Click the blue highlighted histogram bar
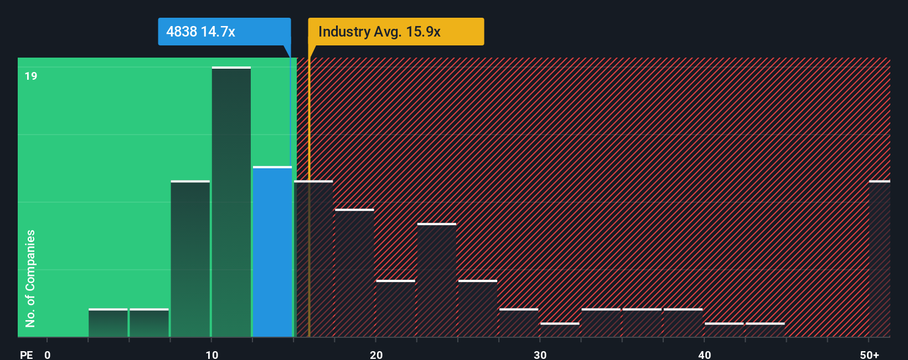point(272,252)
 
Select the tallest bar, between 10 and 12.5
point(231,202)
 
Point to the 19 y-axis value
point(31,76)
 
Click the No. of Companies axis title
point(30,278)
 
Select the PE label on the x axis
point(26,354)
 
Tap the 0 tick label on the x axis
point(48,354)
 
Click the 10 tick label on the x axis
point(212,354)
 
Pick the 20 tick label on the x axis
point(376,354)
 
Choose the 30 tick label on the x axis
point(540,354)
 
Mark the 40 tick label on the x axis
point(705,354)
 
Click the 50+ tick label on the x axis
point(869,354)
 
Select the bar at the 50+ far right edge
point(880,259)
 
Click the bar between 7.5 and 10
point(190,259)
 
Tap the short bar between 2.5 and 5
point(108,323)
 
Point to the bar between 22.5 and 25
point(437,280)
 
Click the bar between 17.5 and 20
point(354,273)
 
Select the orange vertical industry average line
point(309,222)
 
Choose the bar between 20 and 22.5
point(395,308)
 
